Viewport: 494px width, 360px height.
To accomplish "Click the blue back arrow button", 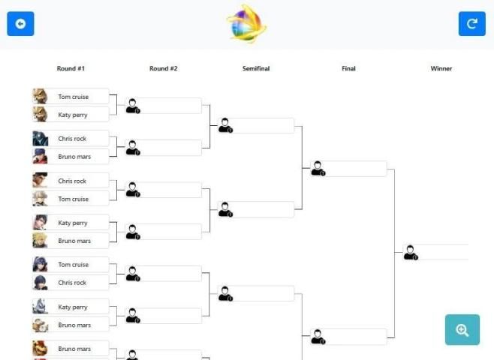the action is (20, 23).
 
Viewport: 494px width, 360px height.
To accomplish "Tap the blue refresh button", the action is (472, 23).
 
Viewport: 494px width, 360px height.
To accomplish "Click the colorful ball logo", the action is (247, 23).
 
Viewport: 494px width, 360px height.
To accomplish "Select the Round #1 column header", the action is (71, 68).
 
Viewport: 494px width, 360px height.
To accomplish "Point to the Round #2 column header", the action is (163, 68).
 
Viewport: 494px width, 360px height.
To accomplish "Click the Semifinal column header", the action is (256, 68).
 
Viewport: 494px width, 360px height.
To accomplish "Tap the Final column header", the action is (348, 68).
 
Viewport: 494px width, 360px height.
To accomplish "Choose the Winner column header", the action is (441, 68).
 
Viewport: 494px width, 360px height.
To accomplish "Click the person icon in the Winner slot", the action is (411, 253).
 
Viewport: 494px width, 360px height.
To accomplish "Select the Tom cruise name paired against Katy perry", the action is (73, 97).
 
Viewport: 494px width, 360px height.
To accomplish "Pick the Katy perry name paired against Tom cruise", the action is (73, 115).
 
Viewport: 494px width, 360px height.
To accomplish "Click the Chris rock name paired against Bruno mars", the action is (72, 139).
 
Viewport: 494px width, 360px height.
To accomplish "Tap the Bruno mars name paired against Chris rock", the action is (74, 157).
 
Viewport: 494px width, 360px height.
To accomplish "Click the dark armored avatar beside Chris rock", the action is (41, 139).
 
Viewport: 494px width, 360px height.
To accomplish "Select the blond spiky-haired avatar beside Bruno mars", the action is (40, 241).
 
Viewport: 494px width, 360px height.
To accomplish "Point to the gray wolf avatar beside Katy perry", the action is (40, 307).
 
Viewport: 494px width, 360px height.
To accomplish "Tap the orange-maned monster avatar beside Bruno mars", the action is (40, 348).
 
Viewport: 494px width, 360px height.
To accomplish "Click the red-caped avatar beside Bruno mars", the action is (40, 157).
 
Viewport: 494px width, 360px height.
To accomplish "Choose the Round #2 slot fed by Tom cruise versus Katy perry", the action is (164, 106).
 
